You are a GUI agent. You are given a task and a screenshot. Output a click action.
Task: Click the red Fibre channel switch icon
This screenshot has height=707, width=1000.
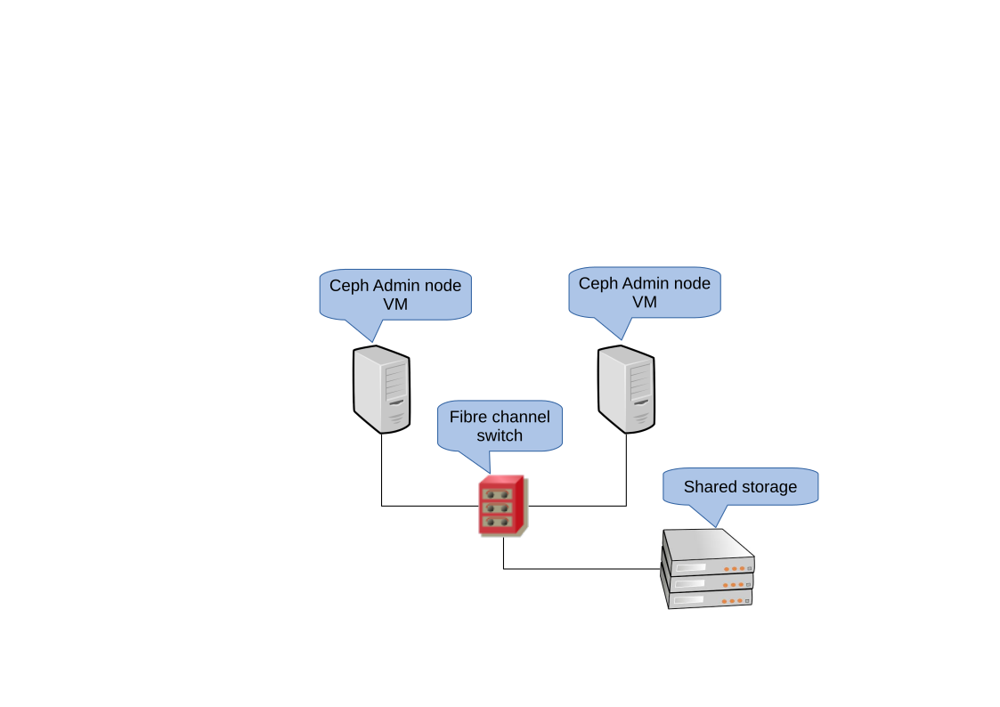click(503, 507)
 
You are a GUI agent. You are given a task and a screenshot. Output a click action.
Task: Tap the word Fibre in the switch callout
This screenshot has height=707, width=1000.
click(468, 417)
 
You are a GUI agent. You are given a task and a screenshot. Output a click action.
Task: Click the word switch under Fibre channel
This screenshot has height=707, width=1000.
click(500, 435)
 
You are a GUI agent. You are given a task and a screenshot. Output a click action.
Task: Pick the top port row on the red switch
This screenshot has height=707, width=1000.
click(500, 493)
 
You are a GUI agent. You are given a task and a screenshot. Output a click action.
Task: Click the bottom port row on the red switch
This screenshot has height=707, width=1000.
click(500, 522)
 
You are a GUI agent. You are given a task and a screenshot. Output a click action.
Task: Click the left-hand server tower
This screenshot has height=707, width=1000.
click(382, 389)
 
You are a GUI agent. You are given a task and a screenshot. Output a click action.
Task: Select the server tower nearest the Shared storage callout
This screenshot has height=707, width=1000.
click(626, 389)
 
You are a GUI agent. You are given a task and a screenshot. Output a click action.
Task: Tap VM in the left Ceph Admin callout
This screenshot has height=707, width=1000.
click(395, 305)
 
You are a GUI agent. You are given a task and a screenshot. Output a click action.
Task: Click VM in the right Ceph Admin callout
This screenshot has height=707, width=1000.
click(645, 303)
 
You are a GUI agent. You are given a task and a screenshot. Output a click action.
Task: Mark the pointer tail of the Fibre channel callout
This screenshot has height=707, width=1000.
click(479, 460)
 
